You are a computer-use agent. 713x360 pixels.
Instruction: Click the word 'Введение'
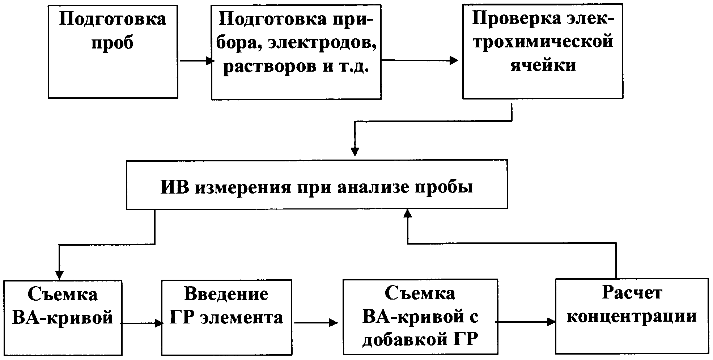pos(226,294)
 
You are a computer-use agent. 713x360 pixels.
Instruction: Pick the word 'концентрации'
pos(632,316)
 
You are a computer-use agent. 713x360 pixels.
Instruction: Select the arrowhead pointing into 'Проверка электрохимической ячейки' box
pos(454,60)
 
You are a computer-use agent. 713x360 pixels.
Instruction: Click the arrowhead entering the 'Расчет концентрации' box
pos(551,322)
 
